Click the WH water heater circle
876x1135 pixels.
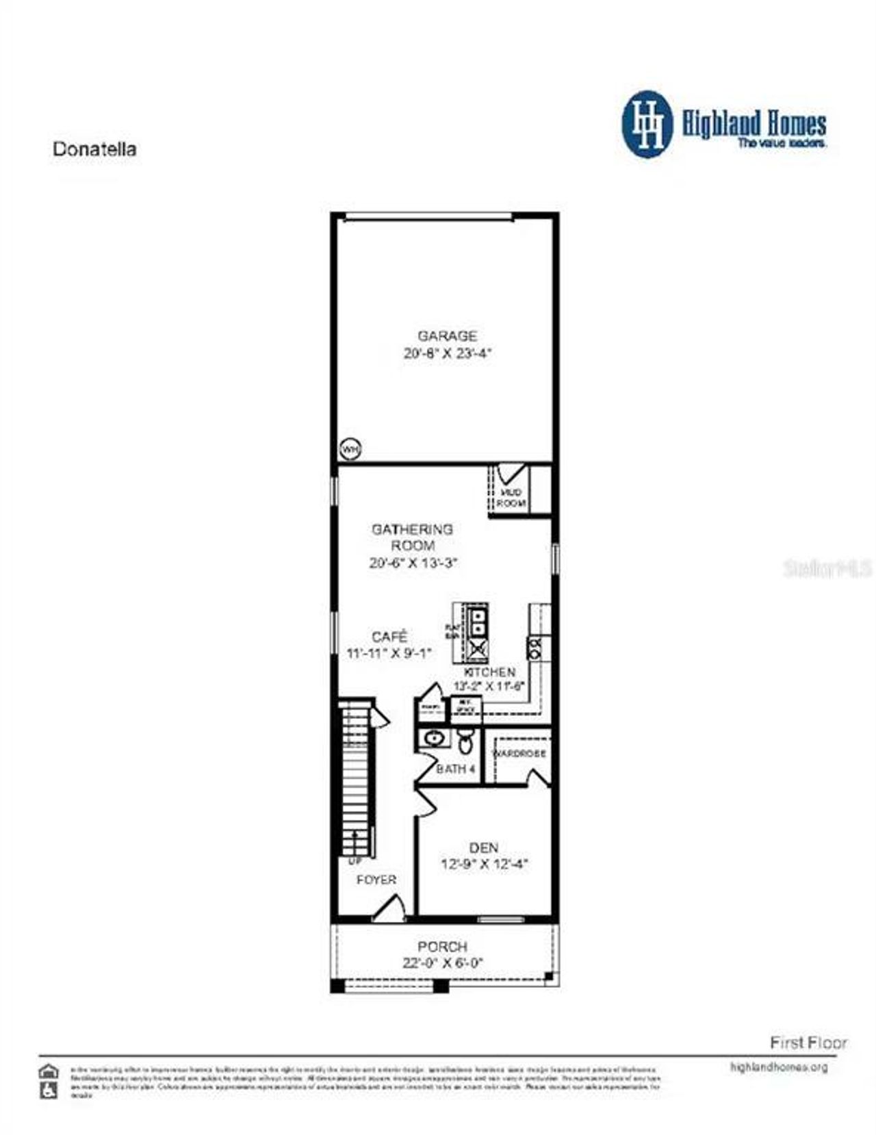click(x=350, y=450)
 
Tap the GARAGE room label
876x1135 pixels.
click(x=448, y=335)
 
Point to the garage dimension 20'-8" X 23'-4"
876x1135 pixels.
click(x=448, y=354)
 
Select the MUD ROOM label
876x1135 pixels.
click(x=511, y=498)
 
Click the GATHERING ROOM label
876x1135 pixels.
click(x=412, y=537)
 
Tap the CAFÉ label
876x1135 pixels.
click(x=389, y=637)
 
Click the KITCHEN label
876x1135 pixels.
click(x=490, y=672)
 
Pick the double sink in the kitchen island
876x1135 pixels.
click(x=478, y=621)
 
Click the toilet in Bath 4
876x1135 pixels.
click(x=465, y=741)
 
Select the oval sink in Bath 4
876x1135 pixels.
click(x=433, y=739)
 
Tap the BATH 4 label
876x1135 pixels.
click(x=456, y=769)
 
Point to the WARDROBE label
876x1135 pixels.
click(x=519, y=753)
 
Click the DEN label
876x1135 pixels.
click(x=484, y=847)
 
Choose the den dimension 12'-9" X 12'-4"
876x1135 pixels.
click(x=484, y=865)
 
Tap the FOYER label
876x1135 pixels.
click(x=376, y=880)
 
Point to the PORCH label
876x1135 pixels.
click(x=443, y=947)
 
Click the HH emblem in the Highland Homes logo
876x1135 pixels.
click(x=647, y=124)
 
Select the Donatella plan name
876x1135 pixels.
click(x=94, y=149)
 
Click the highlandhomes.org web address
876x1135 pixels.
click(x=779, y=1067)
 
